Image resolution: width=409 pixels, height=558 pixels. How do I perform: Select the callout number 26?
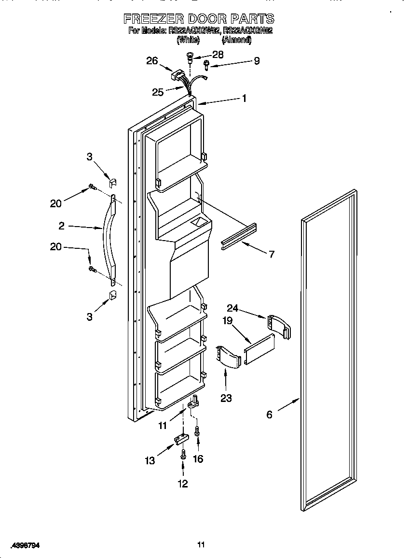[152, 60]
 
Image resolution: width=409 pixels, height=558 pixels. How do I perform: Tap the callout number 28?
[218, 55]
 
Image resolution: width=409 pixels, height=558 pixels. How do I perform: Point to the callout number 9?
[257, 61]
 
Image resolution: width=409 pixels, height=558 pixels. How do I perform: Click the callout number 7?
[272, 254]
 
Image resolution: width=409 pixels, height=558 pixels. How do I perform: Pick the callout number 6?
[269, 414]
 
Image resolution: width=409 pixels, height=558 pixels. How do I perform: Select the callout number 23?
[226, 398]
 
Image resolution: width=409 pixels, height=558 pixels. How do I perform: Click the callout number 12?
[183, 483]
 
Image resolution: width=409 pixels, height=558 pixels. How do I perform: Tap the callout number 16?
[198, 458]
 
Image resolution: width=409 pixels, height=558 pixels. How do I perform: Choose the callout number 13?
[150, 460]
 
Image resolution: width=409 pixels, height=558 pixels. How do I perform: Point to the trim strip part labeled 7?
[239, 236]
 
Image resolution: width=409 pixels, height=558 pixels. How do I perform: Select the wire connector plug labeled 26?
[178, 76]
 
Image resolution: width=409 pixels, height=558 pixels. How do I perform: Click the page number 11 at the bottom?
[201, 545]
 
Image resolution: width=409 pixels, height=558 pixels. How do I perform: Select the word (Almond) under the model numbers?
[236, 41]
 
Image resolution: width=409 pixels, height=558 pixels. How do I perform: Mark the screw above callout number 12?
[183, 454]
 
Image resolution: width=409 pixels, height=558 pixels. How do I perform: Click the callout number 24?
[233, 308]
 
